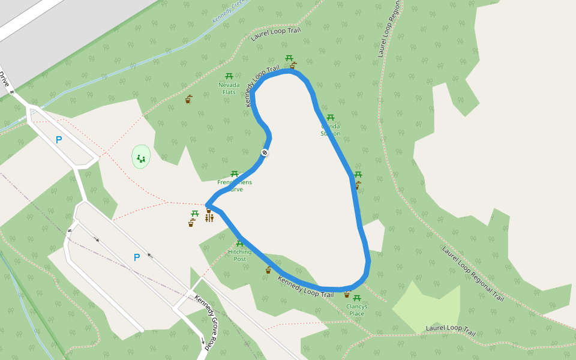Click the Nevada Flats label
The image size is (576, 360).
coord(229,88)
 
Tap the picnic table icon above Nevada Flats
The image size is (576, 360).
coord(229,76)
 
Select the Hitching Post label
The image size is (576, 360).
coord(239,256)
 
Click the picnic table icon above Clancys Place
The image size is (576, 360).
coord(357,298)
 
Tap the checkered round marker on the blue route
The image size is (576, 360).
coord(265,153)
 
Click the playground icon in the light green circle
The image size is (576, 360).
coord(141,158)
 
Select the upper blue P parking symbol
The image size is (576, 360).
coord(59,140)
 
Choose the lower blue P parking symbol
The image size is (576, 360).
coord(137,257)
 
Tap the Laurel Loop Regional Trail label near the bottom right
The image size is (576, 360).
coord(473,274)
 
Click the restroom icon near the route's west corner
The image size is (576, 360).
coord(209,218)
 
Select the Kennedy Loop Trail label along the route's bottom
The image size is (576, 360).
coord(305,287)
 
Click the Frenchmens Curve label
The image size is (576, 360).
coord(235,185)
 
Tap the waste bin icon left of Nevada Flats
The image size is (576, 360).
coord(188,99)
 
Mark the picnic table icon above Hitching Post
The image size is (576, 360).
coord(239,244)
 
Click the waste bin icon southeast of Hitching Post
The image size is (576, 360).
coord(268,270)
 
